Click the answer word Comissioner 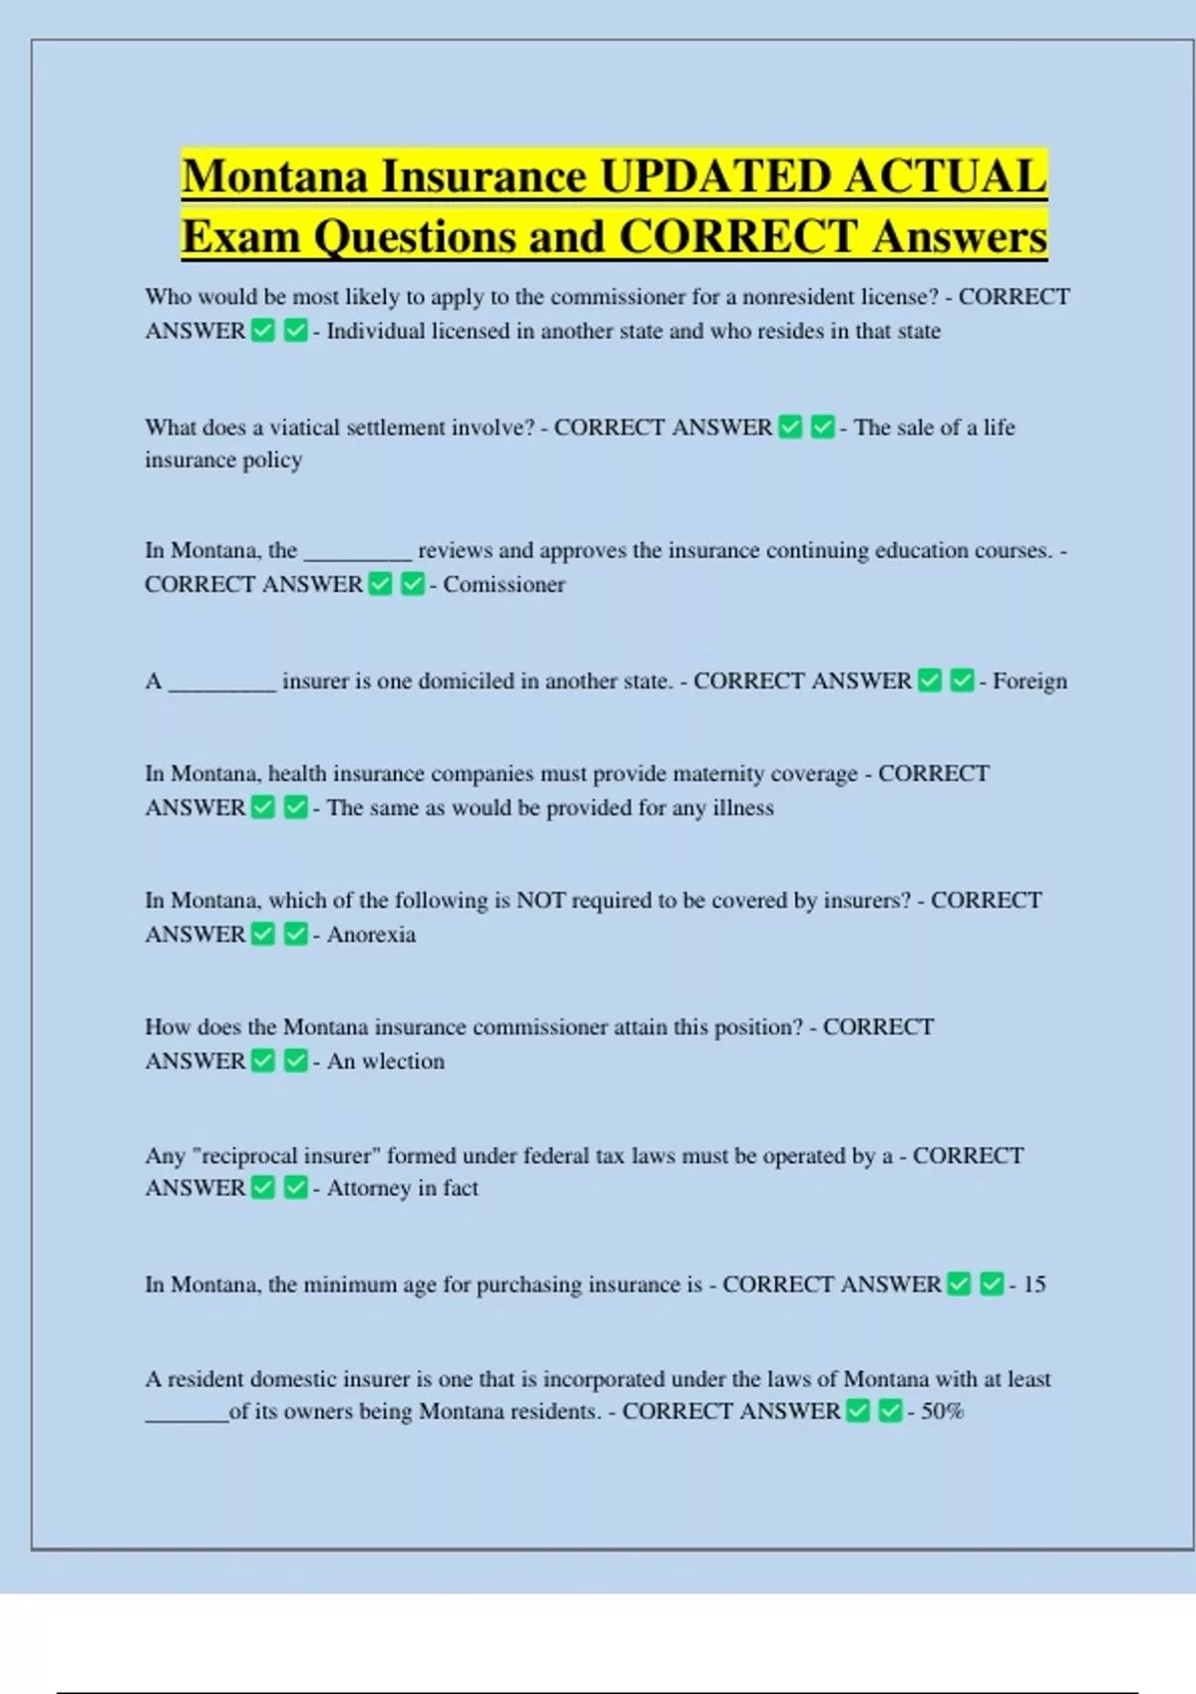[x=503, y=585]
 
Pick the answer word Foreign [x=1030, y=682]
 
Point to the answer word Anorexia [x=371, y=935]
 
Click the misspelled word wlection [x=403, y=1061]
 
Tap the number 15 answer [x=1034, y=1284]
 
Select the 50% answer [x=942, y=1411]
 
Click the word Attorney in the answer [x=369, y=1188]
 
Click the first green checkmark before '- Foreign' [x=930, y=681]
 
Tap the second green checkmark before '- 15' [x=991, y=1283]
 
